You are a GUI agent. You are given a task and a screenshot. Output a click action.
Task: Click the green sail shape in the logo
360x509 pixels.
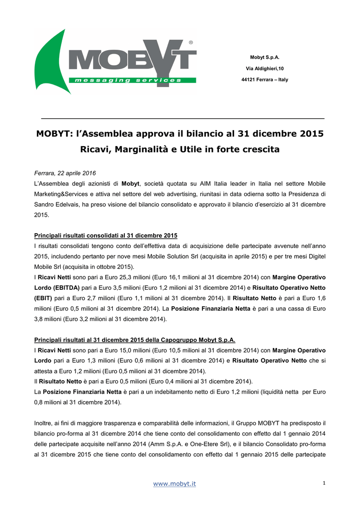point(52,60)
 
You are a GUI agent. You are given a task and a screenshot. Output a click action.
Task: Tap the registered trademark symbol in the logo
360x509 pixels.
point(191,43)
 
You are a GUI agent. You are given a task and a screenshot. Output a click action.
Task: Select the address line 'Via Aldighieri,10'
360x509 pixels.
point(265,69)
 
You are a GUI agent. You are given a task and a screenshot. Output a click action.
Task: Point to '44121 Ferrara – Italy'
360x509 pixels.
point(265,80)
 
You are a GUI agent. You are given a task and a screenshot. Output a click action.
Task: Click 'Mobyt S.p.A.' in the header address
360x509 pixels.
point(265,58)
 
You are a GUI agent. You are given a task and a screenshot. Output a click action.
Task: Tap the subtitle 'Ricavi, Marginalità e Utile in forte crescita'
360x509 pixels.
point(180,149)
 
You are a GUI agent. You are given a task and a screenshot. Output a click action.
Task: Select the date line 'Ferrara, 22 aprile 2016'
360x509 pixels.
point(65,173)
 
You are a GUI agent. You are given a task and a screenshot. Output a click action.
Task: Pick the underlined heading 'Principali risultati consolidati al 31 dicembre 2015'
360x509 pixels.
point(105,235)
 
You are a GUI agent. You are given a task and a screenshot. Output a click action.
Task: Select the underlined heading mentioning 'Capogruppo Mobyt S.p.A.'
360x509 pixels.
point(134,340)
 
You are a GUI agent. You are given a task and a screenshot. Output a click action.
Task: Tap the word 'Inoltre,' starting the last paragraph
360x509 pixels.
point(45,423)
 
